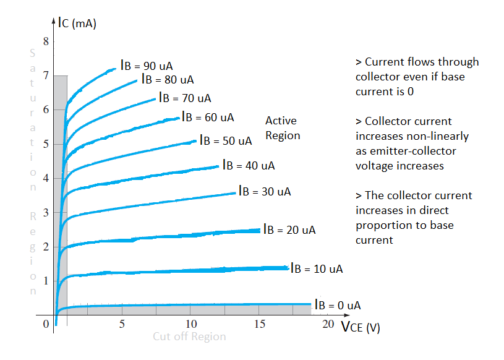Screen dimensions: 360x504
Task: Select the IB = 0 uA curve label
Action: point(338,305)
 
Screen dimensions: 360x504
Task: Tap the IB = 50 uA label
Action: point(226,140)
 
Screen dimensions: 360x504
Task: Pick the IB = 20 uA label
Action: point(289,229)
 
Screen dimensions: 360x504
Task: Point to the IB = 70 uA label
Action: point(185,98)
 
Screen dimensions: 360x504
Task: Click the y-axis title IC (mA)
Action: point(77,24)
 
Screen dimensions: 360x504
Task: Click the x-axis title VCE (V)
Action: point(361,327)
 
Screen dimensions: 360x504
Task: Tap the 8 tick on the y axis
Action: point(45,42)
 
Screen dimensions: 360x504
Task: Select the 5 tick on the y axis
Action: point(45,144)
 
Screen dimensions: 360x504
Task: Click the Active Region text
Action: point(282,128)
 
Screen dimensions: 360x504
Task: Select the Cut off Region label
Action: point(190,336)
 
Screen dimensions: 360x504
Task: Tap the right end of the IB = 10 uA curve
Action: point(288,268)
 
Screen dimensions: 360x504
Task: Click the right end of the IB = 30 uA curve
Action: point(235,193)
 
